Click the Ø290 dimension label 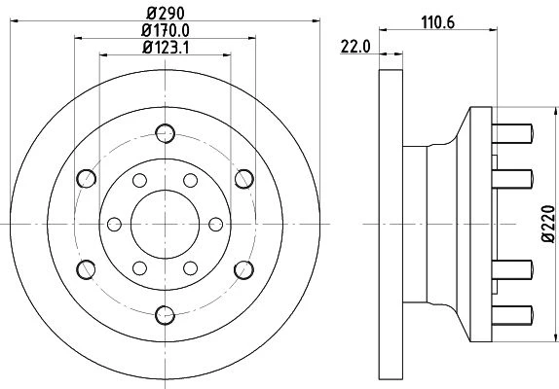[166, 14]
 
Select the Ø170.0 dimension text [165, 30]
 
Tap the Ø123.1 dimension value [166, 48]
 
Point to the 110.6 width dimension [438, 22]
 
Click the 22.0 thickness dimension [355, 47]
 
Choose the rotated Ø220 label [548, 225]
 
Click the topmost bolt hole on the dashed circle [165, 133]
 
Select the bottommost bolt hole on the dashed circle [165, 315]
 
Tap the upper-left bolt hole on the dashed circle [87, 179]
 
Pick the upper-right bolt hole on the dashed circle [244, 179]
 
